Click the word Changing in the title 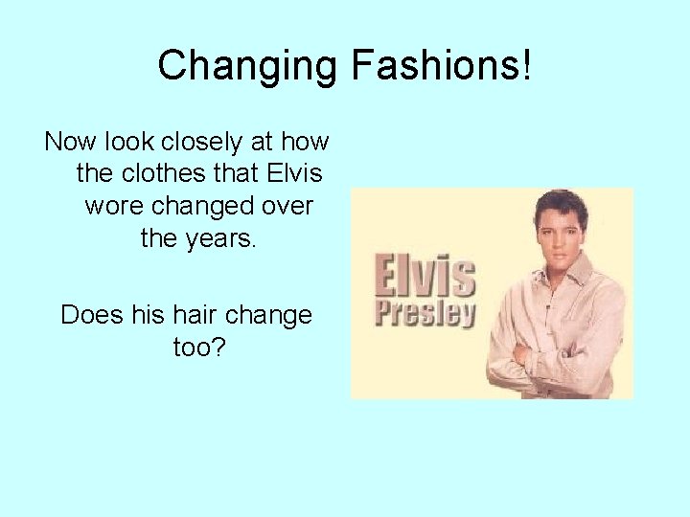point(245,66)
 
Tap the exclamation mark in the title point(527,66)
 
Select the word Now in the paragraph point(69,143)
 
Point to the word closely point(201,143)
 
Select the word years point(221,238)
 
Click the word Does point(89,315)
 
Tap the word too point(192,347)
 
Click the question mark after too point(218,347)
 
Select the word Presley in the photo point(425,313)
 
